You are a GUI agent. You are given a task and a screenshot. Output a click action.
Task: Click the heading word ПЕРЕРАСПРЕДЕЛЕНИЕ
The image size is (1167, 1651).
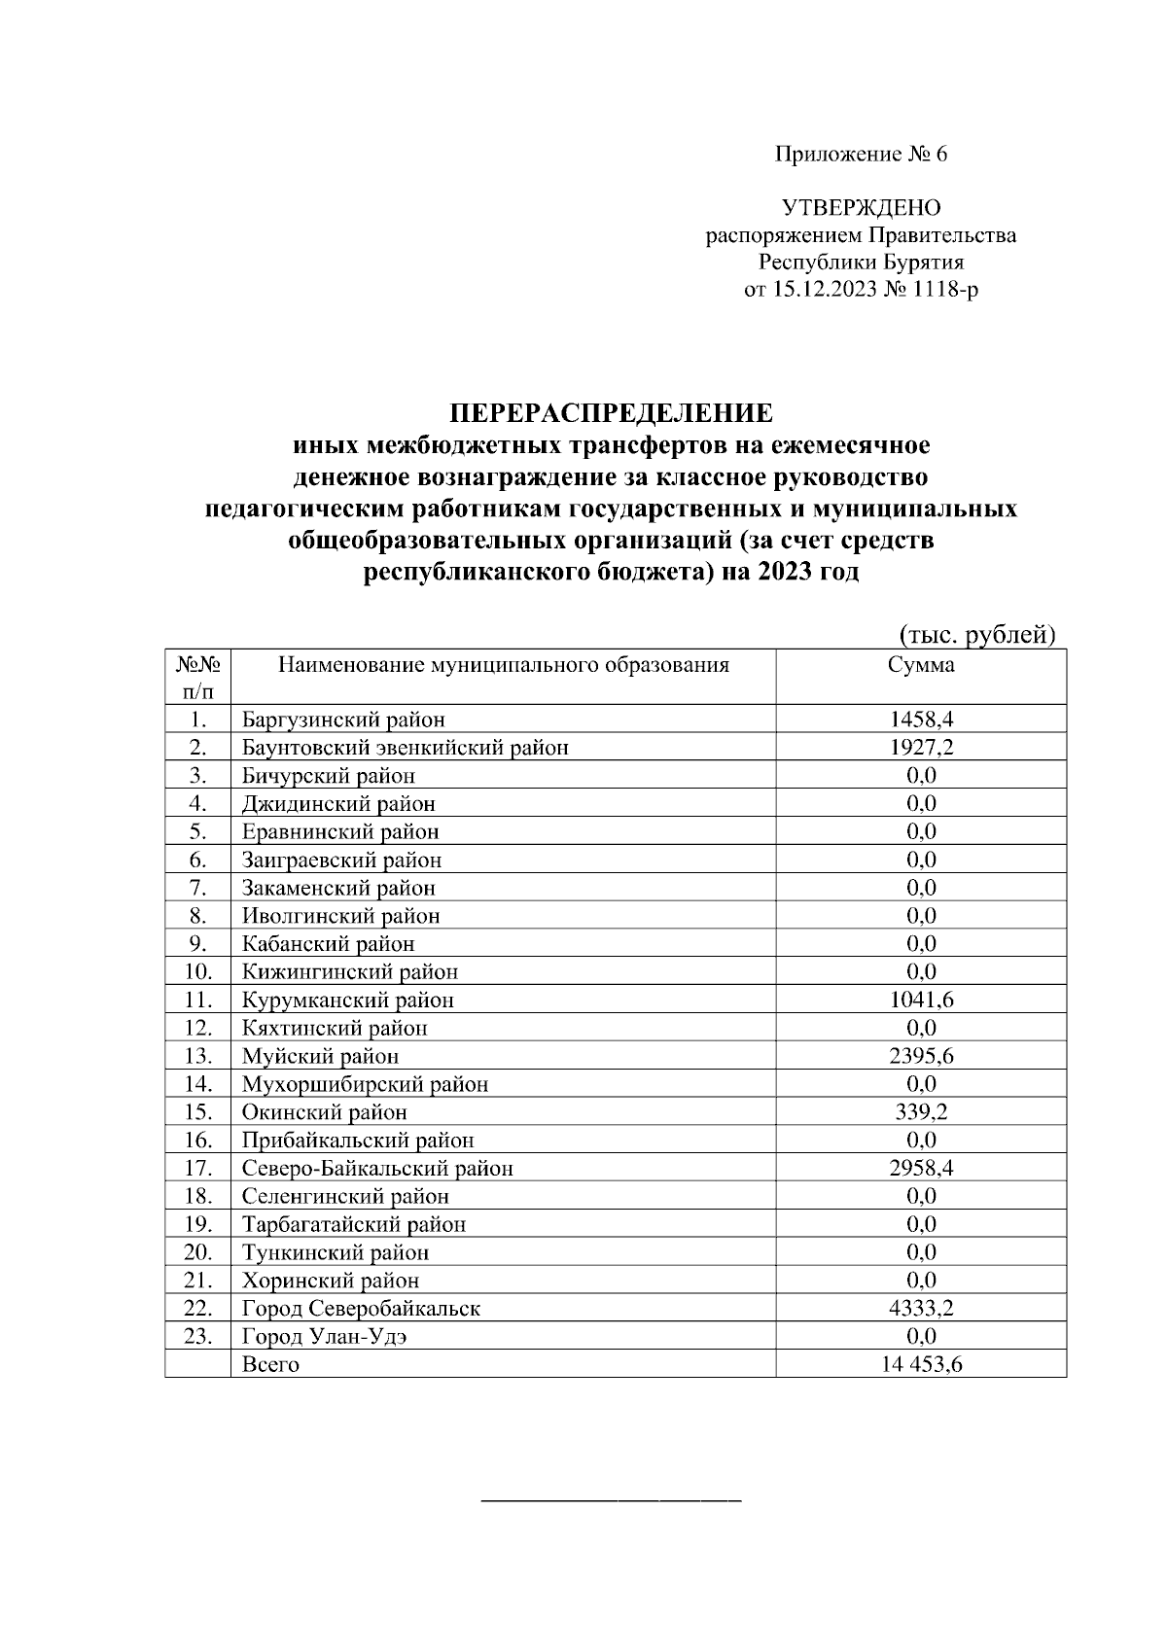[611, 413]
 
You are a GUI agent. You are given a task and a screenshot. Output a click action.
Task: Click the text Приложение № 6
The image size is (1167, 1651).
[861, 155]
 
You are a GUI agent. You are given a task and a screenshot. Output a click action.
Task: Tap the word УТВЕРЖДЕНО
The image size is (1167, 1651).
[862, 207]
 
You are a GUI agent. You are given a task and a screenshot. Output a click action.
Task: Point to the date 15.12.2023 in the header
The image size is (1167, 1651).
[825, 290]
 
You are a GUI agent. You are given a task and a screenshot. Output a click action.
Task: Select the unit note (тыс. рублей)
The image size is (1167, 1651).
[975, 635]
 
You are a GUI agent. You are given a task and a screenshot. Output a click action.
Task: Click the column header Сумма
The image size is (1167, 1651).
[920, 665]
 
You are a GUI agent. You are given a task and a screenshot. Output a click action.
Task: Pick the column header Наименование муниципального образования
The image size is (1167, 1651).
[504, 665]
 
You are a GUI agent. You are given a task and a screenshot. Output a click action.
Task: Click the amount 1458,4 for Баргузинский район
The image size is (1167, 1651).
[920, 720]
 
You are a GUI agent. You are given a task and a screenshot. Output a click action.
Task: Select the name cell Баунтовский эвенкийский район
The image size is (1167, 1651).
[405, 748]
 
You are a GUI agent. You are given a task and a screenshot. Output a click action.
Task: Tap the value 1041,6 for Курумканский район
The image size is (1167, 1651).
[920, 1000]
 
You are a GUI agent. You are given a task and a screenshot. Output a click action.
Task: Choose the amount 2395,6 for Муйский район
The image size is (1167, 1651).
[920, 1056]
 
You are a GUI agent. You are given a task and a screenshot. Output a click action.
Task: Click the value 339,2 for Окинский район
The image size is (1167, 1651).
[920, 1112]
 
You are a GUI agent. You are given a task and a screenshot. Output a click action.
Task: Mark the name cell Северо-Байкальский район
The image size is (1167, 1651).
[377, 1169]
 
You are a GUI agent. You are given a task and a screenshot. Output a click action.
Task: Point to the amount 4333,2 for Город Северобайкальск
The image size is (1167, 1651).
[920, 1309]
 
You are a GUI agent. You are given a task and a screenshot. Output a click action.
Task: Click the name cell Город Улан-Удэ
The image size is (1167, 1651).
[325, 1336]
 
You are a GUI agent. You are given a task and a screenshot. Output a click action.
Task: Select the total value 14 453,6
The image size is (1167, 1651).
[920, 1364]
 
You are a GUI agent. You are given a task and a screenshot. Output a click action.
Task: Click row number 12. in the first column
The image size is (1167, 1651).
[197, 1028]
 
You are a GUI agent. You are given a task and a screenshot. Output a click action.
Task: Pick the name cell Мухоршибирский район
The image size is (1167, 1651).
[365, 1084]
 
